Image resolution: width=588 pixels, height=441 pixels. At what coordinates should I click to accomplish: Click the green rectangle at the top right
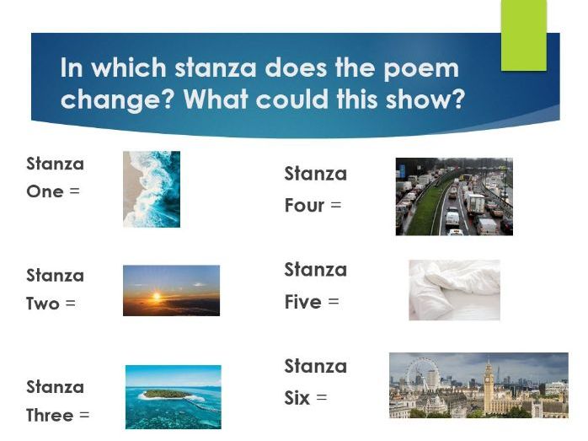(x=523, y=35)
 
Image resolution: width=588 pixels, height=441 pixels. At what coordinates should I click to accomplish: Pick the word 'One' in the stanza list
(x=45, y=191)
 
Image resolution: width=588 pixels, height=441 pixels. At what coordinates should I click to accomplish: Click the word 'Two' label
(x=42, y=304)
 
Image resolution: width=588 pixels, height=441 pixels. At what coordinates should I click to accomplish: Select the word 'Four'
(x=304, y=206)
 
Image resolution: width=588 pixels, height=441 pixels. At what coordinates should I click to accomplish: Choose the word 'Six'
(x=297, y=398)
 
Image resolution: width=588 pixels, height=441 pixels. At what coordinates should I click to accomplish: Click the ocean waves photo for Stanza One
(x=152, y=189)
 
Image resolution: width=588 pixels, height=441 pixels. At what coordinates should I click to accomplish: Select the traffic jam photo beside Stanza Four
(x=453, y=196)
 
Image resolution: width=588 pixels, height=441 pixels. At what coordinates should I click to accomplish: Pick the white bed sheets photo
(x=454, y=289)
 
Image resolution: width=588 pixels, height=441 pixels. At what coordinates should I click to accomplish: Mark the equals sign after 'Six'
(x=321, y=397)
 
